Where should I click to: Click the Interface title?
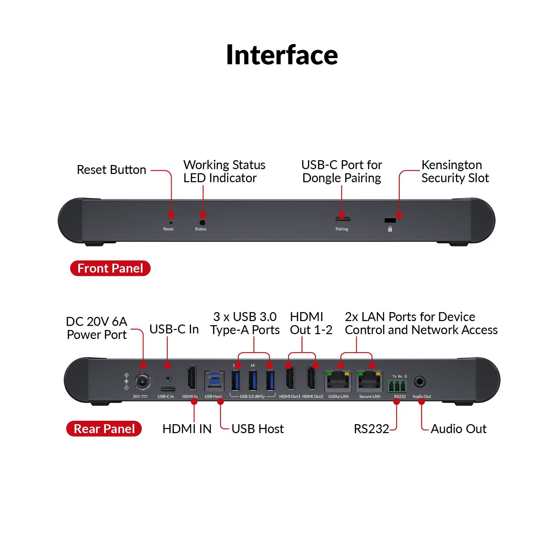click(282, 55)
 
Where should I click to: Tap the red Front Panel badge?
click(110, 268)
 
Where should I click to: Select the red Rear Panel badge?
click(104, 429)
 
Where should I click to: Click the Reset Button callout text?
click(111, 170)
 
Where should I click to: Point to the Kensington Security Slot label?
click(454, 171)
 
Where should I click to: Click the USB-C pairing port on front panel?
click(343, 219)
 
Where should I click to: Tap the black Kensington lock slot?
click(390, 220)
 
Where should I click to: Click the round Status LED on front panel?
click(202, 223)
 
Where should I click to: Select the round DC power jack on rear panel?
click(142, 381)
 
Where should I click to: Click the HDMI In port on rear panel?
click(191, 378)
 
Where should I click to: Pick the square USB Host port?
click(214, 381)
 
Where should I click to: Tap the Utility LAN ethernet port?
click(338, 381)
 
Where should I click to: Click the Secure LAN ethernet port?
click(369, 381)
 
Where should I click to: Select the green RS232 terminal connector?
click(397, 386)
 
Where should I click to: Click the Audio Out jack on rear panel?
click(420, 381)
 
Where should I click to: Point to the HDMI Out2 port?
click(311, 378)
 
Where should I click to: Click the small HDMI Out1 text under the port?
click(289, 397)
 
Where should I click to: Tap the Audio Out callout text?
click(458, 429)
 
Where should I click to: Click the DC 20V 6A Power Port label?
click(97, 328)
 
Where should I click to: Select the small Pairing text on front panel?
click(342, 229)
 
